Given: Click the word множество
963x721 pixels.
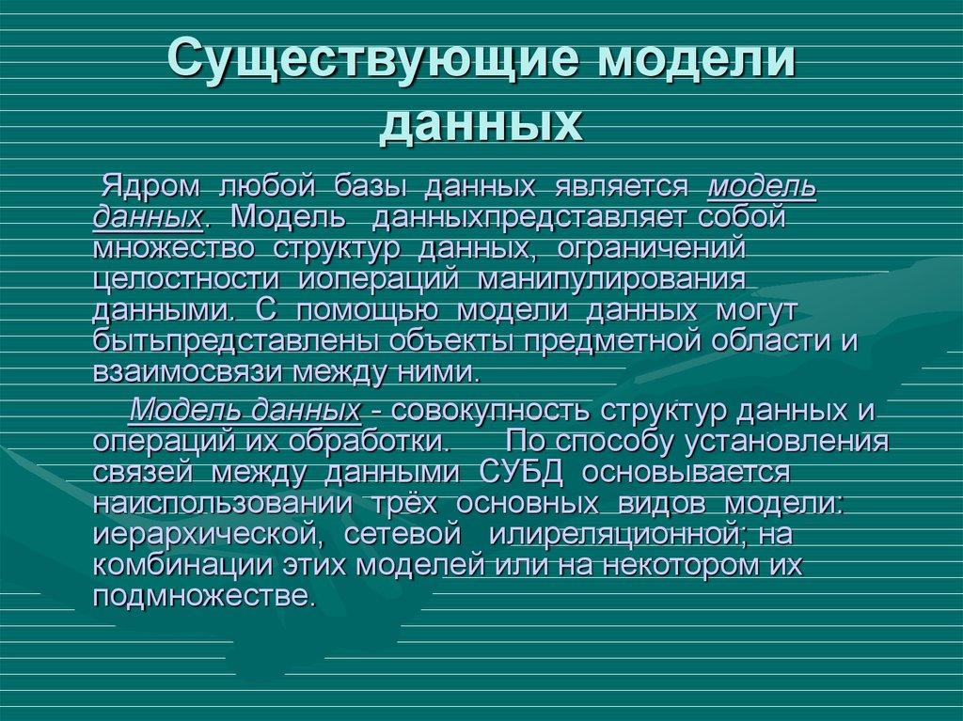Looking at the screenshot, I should point(174,248).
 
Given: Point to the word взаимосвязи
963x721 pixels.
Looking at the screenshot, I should point(186,371).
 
